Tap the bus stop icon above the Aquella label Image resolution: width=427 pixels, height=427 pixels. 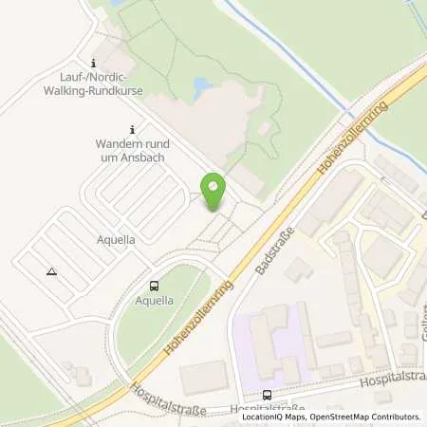click(154, 285)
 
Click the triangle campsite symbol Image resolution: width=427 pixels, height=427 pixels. click(51, 271)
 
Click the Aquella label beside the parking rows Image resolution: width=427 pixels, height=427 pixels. click(115, 240)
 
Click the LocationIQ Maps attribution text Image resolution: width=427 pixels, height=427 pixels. click(271, 417)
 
